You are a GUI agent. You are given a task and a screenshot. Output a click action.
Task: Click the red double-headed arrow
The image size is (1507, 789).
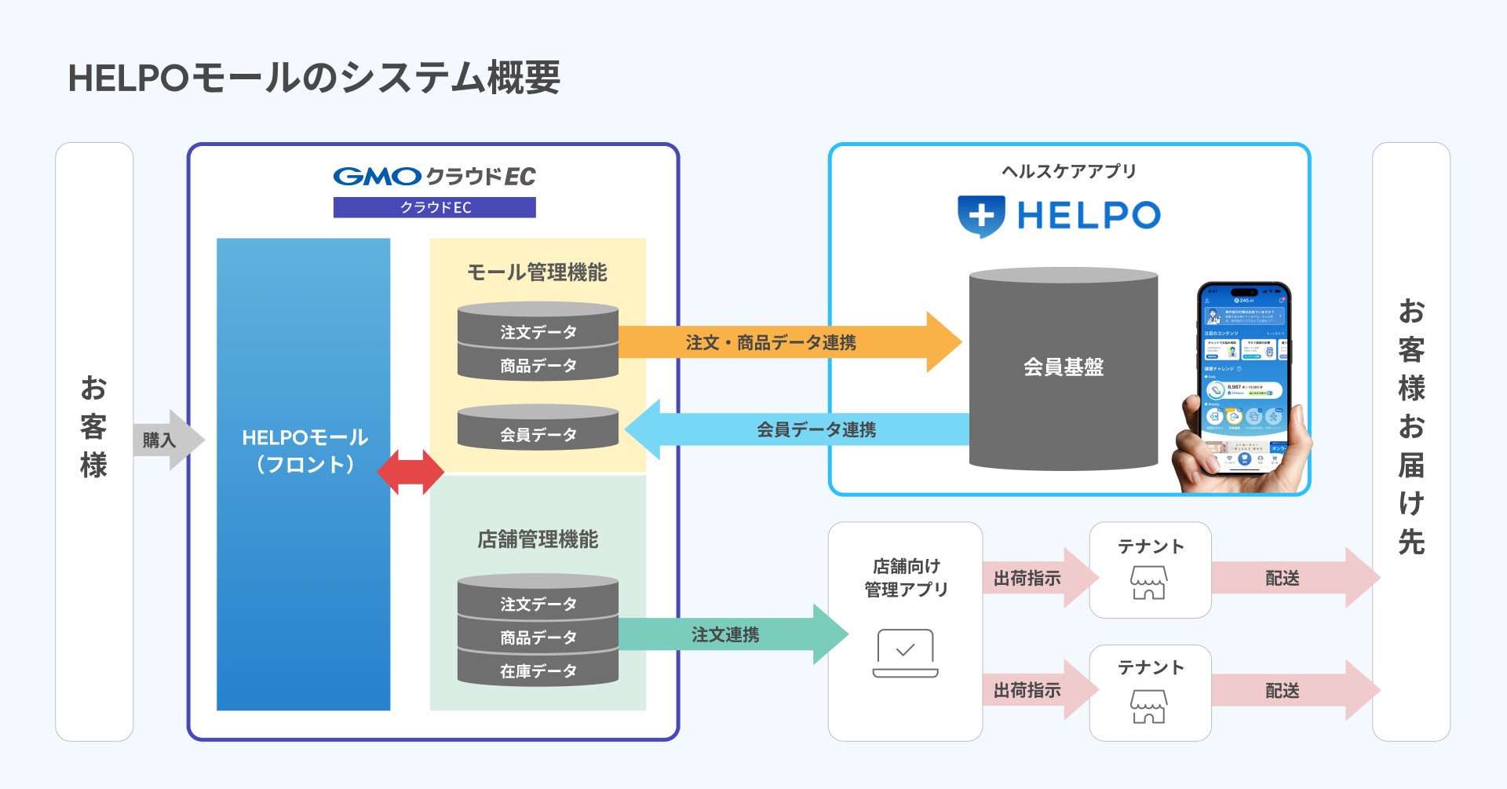click(411, 472)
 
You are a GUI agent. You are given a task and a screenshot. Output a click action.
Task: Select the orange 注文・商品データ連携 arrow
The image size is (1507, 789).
click(789, 342)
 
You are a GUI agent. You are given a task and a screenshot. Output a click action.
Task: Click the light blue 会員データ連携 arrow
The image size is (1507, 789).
click(797, 429)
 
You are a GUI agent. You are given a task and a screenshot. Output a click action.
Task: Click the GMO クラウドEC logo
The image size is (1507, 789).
click(434, 177)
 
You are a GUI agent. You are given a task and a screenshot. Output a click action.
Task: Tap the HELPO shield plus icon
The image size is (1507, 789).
click(980, 215)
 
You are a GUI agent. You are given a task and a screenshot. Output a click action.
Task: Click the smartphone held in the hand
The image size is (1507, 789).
click(1244, 377)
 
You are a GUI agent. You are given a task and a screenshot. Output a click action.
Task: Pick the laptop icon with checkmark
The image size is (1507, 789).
click(905, 652)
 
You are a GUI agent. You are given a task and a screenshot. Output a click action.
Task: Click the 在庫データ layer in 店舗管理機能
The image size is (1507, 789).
click(538, 671)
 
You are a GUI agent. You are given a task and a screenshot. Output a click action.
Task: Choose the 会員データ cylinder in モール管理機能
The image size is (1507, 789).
click(538, 429)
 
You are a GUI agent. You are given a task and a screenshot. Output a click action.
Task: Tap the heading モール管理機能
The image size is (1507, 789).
click(537, 272)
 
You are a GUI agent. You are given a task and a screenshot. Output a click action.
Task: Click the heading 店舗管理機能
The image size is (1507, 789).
click(538, 539)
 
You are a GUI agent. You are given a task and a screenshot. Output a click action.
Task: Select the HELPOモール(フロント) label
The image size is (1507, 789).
click(305, 451)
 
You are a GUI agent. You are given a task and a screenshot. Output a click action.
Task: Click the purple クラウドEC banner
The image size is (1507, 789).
click(434, 207)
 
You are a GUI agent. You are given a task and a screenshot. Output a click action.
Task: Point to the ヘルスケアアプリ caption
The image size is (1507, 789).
click(1068, 171)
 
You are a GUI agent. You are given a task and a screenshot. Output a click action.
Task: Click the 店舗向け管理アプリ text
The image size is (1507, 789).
click(906, 578)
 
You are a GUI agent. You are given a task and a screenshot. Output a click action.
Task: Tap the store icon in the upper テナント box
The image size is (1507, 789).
click(1148, 583)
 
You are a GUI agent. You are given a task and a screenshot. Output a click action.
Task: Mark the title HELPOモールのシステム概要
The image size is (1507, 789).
click(314, 78)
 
